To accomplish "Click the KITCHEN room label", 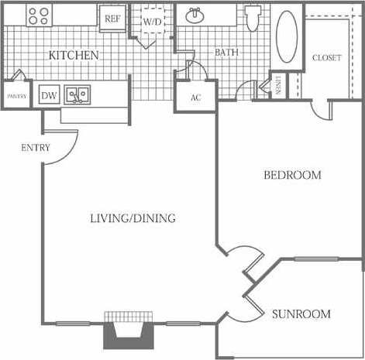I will tap(74, 55).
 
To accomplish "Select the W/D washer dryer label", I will tap(153, 22).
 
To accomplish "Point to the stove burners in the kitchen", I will tap(37, 15).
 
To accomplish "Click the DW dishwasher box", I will tap(49, 95).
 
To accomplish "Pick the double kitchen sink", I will tap(77, 94).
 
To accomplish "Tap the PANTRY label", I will tap(16, 96).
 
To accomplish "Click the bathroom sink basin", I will tap(195, 16).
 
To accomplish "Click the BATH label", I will tap(227, 53).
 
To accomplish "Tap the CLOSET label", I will tap(326, 58).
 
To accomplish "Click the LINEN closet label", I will tap(279, 86).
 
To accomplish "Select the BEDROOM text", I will tap(292, 175).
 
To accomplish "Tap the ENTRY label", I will tap(36, 147).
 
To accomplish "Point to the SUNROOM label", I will tap(301, 314).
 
